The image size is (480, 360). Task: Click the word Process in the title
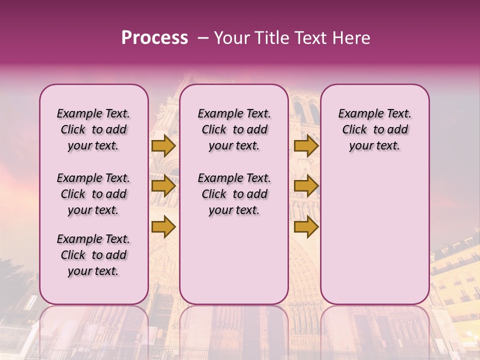pos(154,38)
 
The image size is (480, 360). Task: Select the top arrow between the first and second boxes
pos(163,145)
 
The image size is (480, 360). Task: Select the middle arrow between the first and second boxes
pos(163,186)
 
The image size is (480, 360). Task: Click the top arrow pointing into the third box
pos(306,145)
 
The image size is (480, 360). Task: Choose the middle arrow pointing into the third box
pos(306,186)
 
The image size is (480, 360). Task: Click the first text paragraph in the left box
pos(93,129)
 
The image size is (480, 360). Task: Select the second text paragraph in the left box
pos(93,194)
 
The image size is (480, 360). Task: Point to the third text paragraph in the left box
pos(93,255)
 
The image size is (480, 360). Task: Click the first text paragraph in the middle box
pos(234,129)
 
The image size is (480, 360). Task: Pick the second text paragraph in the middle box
pos(234,194)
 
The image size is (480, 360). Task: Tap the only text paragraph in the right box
pos(374,129)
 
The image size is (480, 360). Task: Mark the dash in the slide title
pos(203,38)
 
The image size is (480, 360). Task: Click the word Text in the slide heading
pos(310,38)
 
